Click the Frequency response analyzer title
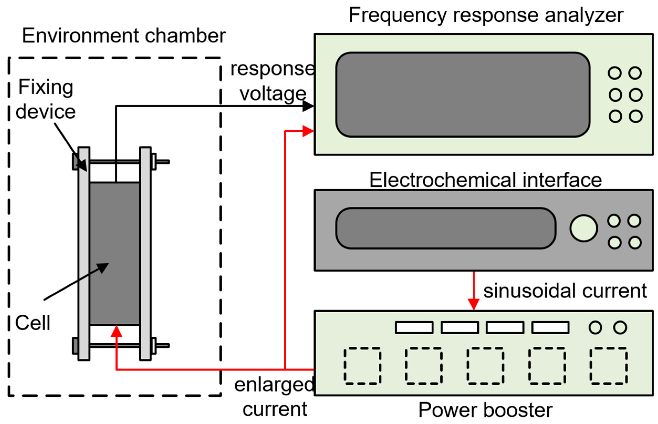(x=486, y=15)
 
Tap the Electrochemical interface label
(x=485, y=180)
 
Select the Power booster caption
(x=485, y=410)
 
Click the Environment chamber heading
(x=124, y=36)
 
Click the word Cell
(x=33, y=323)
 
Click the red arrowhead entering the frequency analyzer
(x=308, y=131)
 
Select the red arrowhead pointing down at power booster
(x=473, y=304)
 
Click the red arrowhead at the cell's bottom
(x=117, y=332)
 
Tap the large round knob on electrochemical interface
(x=583, y=228)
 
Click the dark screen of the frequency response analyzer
(x=463, y=95)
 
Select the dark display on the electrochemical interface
(x=445, y=228)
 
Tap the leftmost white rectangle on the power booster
(x=414, y=328)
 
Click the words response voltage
(x=273, y=81)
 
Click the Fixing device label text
(x=45, y=99)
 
